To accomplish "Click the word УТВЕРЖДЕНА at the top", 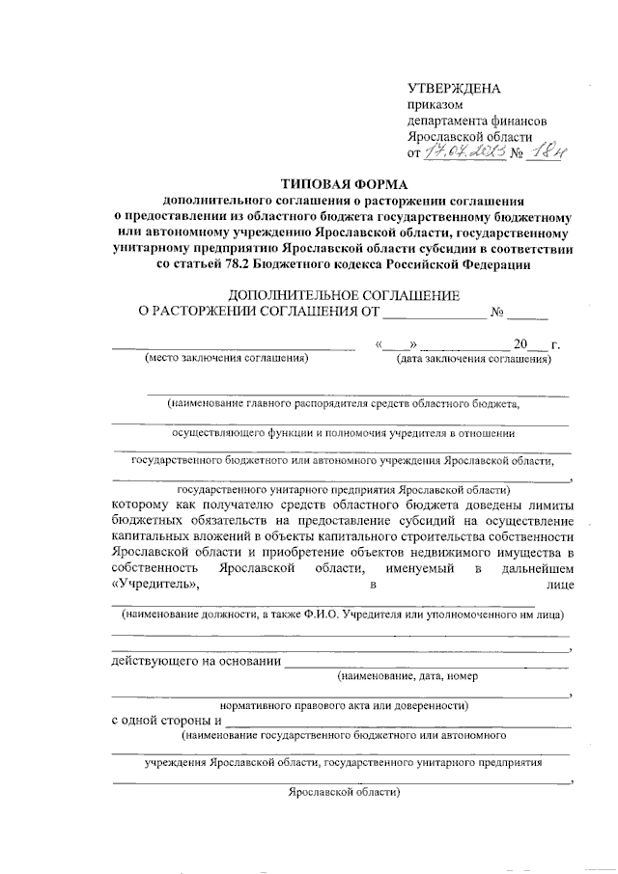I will [x=454, y=90].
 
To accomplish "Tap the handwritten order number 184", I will [x=551, y=151].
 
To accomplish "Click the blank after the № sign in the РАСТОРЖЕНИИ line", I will [x=528, y=312].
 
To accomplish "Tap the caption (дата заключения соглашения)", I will [x=474, y=360].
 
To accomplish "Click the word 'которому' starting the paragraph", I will [x=142, y=505].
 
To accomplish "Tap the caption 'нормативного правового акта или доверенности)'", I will [x=344, y=704].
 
